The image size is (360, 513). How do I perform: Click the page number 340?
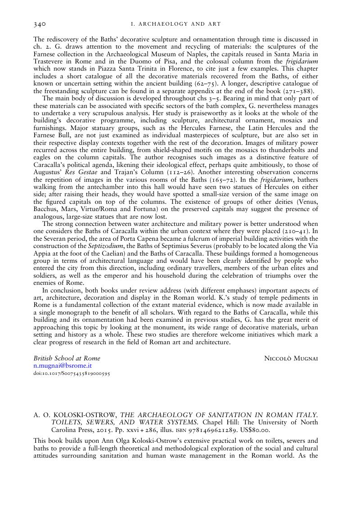(x=40, y=23)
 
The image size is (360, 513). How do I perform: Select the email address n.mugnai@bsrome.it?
(x=63, y=366)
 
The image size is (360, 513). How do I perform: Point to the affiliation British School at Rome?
(x=67, y=358)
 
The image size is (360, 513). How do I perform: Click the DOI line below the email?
(x=72, y=373)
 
